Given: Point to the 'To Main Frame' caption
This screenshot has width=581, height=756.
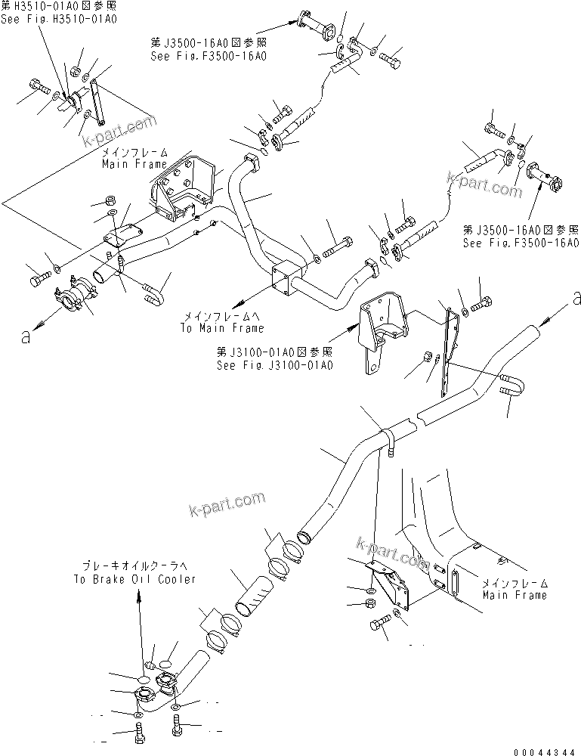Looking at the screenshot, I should pos(222,328).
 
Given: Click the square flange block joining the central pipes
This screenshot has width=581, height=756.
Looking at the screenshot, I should pos(286,277).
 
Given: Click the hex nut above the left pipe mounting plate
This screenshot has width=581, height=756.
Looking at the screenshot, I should pos(107,201).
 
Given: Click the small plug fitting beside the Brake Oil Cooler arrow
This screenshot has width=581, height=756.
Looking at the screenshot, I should pos(150,665).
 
